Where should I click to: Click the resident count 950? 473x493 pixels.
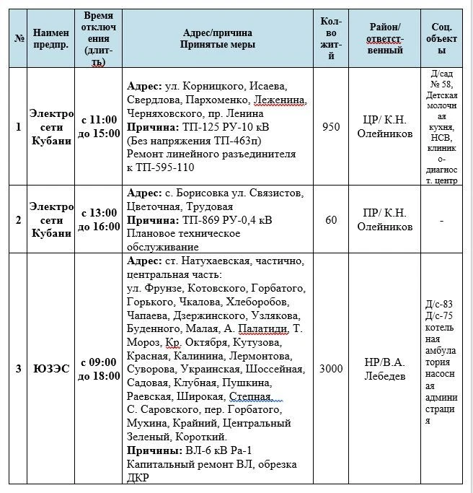pos(331,127)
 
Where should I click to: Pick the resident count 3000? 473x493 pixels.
pos(331,369)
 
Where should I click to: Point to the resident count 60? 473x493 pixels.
pos(331,219)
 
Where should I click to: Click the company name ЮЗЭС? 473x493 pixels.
pos(50,369)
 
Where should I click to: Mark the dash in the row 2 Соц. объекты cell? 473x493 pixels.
pos(441,219)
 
